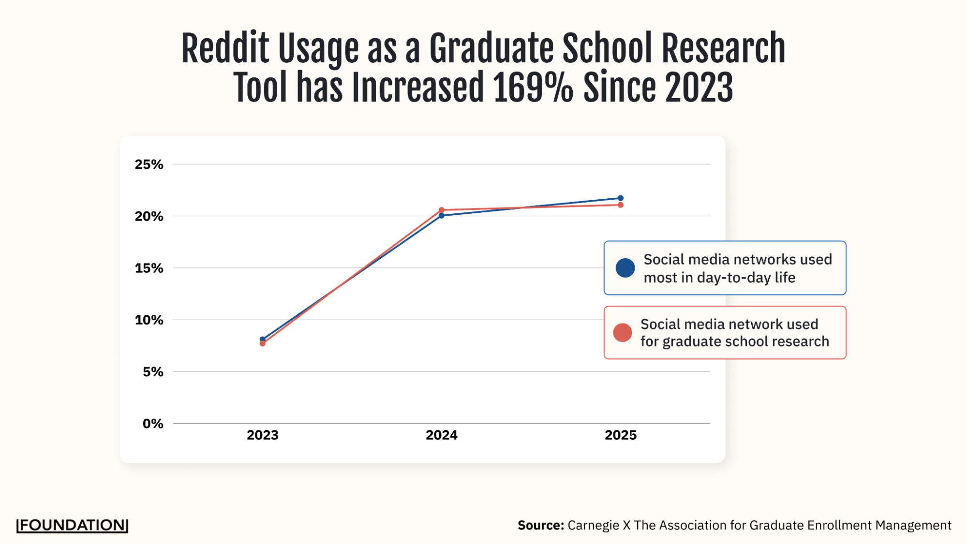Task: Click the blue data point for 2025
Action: tap(621, 198)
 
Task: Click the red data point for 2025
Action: tap(621, 205)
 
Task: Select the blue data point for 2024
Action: tap(442, 216)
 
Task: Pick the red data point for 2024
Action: tap(442, 210)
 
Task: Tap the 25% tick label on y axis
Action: tap(149, 164)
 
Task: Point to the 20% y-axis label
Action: tap(149, 216)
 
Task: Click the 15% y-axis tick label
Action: tap(149, 268)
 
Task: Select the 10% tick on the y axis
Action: tap(149, 320)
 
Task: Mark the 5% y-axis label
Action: tap(153, 372)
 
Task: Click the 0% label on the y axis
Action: tap(153, 424)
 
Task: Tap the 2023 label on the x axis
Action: tap(263, 435)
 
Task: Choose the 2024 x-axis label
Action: tap(442, 435)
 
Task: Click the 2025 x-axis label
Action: tap(621, 435)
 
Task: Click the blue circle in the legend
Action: tap(625, 268)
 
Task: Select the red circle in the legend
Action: tap(623, 333)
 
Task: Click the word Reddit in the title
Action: tap(225, 48)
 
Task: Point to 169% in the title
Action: tap(533, 88)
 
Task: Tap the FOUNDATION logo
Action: tap(73, 525)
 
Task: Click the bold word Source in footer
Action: tap(540, 525)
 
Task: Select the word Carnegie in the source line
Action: tap(593, 525)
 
